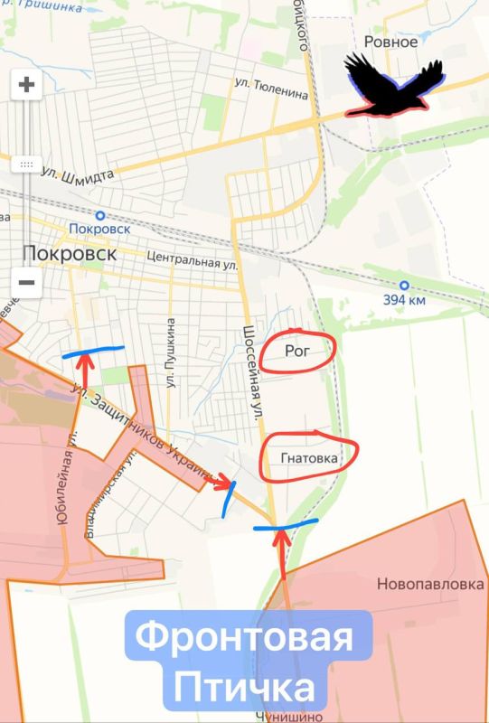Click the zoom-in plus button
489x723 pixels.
click(x=26, y=86)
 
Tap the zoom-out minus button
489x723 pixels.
click(x=26, y=282)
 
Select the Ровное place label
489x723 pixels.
click(x=390, y=42)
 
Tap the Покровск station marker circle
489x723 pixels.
click(x=99, y=215)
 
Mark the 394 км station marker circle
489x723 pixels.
click(x=403, y=284)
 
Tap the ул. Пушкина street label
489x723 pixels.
click(x=169, y=352)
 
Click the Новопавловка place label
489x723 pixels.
click(x=430, y=584)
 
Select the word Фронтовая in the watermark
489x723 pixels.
click(x=244, y=643)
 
